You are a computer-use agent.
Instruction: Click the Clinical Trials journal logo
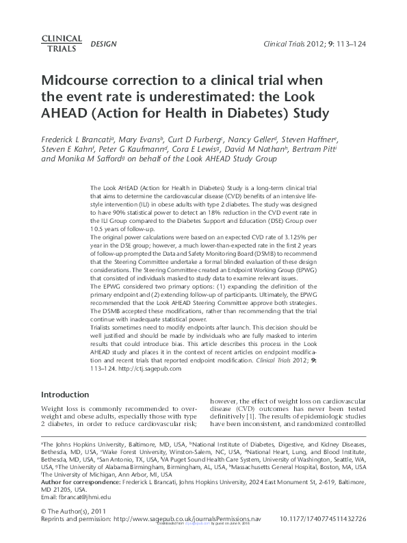[62, 44]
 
